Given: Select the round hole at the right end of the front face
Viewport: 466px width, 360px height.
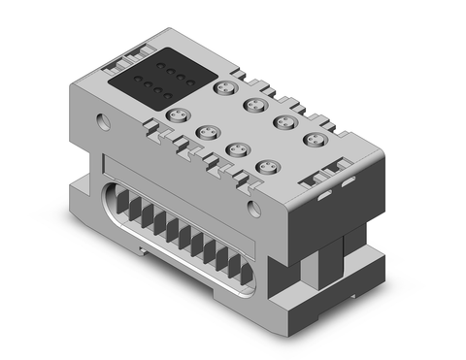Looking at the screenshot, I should pos(253,207).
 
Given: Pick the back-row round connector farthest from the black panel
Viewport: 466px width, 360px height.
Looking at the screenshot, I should pos(314,142).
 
